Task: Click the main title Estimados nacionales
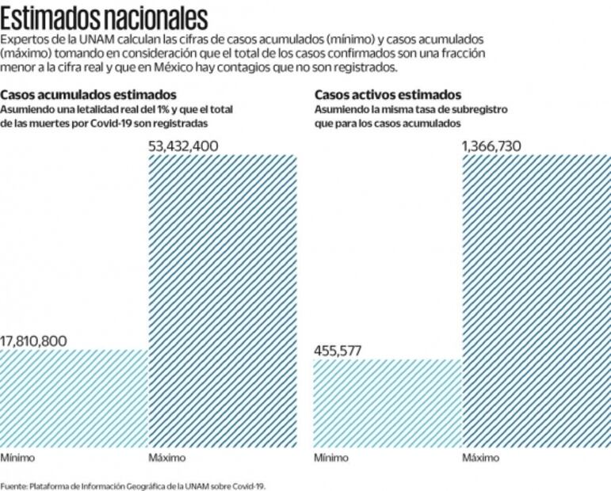[x=105, y=17]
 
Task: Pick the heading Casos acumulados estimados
[x=89, y=95]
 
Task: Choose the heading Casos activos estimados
[x=388, y=95]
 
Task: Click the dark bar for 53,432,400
[x=223, y=301]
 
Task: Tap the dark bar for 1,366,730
[x=537, y=301]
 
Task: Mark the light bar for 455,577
[x=388, y=403]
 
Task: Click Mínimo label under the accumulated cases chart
[x=17, y=458]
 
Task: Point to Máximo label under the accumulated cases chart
[x=167, y=458]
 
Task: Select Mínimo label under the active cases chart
[x=331, y=458]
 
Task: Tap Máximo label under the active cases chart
[x=481, y=458]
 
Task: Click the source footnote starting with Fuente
[x=133, y=485]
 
